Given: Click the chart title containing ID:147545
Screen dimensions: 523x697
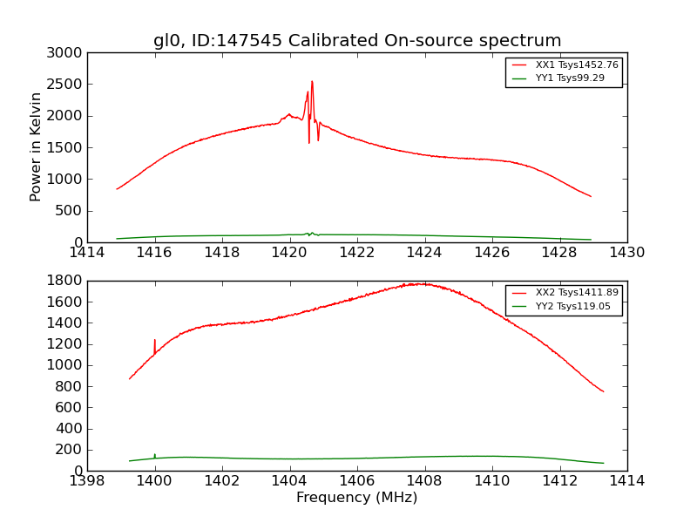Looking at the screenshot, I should click(357, 41).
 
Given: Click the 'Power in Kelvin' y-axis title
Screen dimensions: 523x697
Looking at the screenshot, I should click(36, 146).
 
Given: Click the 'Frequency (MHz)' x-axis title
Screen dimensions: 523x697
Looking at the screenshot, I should click(356, 498).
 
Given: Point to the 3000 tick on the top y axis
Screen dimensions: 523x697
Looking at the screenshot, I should click(66, 53).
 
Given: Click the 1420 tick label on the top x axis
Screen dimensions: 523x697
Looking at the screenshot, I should click(289, 253).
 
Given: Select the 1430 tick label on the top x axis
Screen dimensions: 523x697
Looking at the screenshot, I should click(626, 253).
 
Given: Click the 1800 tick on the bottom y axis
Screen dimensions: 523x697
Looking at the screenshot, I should click(66, 281).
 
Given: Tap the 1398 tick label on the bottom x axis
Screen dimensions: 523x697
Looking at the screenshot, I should click(88, 481).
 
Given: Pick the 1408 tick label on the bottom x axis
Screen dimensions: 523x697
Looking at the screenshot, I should click(424, 481).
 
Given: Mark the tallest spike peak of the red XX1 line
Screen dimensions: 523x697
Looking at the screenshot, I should click(312, 82).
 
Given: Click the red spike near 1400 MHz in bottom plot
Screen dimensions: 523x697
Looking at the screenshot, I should click(155, 341).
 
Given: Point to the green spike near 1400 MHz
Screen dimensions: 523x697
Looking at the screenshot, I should click(155, 454).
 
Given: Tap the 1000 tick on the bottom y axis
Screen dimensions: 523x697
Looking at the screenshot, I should click(66, 365).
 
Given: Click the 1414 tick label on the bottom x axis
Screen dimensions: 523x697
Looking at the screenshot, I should click(626, 481).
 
